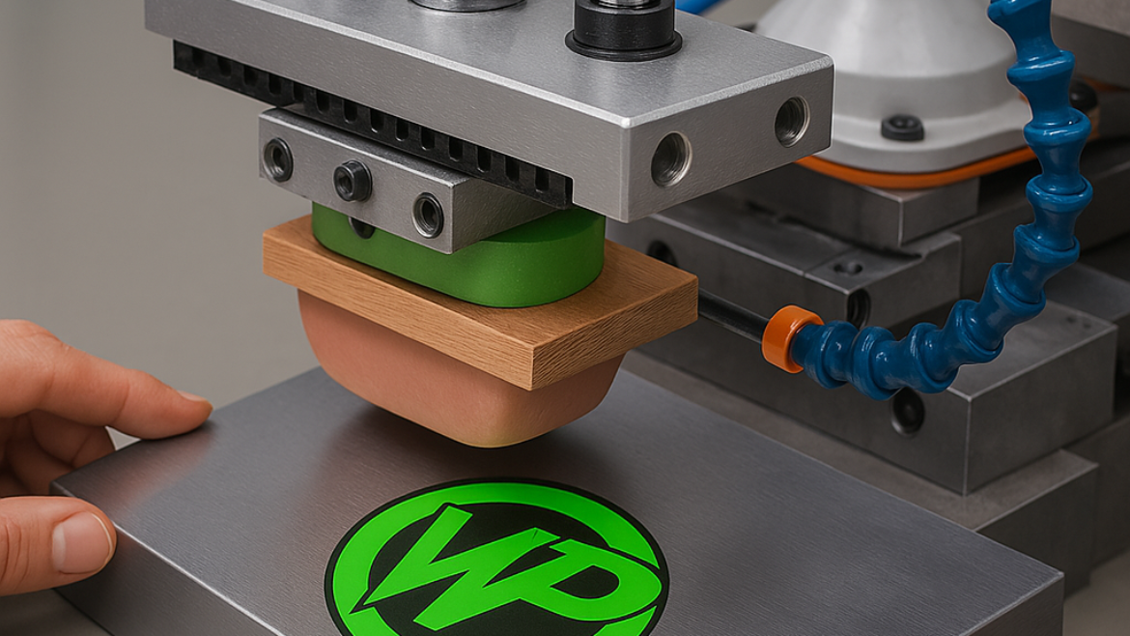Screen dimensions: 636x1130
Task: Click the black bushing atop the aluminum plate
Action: pyautogui.click(x=624, y=29)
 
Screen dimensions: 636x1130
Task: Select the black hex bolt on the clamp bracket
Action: pyautogui.click(x=352, y=180)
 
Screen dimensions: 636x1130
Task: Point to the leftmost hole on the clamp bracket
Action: pyautogui.click(x=277, y=159)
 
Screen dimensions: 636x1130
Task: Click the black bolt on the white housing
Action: pyautogui.click(x=902, y=127)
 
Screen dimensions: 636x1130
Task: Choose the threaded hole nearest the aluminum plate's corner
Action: pyautogui.click(x=792, y=121)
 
